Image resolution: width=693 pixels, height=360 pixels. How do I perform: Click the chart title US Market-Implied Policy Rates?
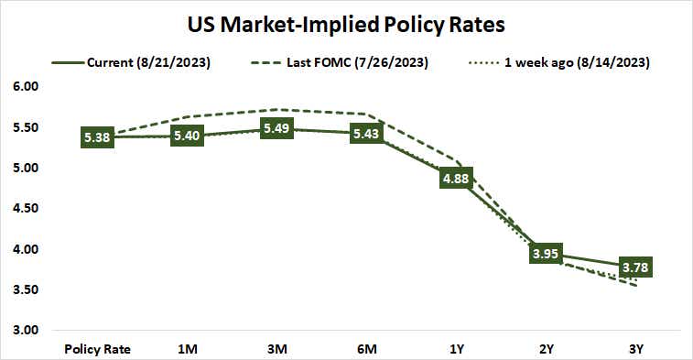(345, 23)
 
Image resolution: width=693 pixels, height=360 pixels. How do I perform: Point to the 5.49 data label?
(277, 129)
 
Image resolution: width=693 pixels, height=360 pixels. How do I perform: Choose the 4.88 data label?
(457, 178)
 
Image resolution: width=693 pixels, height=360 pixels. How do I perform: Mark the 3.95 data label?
(547, 254)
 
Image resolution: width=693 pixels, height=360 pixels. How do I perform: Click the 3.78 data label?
(636, 267)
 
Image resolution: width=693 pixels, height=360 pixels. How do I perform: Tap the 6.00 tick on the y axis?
(25, 87)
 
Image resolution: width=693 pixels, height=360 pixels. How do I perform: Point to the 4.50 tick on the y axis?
(25, 208)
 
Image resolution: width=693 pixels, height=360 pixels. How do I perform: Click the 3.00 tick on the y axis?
(25, 330)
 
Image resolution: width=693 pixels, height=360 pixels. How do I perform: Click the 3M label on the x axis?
(277, 349)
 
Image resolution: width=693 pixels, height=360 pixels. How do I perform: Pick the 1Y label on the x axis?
(457, 349)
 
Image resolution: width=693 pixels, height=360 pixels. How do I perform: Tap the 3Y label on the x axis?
(636, 349)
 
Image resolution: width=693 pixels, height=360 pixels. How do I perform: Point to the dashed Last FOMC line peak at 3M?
(277, 110)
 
